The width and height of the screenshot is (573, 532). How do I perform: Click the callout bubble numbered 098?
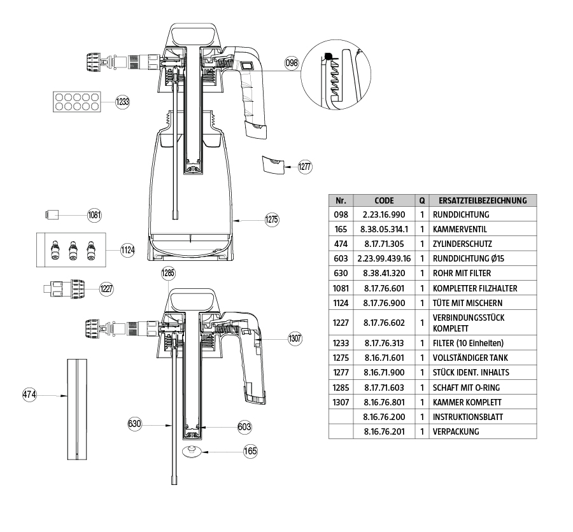(292, 63)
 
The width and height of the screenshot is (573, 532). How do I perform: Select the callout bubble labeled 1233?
(122, 101)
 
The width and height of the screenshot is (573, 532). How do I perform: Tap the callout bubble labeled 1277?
(304, 166)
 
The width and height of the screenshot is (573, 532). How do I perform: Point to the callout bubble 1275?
(272, 220)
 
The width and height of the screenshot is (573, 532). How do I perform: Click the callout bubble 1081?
(94, 215)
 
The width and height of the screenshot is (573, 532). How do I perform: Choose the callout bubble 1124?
(128, 250)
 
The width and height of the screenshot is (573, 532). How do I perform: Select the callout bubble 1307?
(295, 338)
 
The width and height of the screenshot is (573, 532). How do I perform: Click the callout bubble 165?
(251, 451)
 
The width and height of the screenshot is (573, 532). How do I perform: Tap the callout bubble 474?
(29, 395)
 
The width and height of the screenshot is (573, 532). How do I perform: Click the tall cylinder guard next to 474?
(76, 408)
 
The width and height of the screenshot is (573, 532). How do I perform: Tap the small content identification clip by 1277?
(273, 164)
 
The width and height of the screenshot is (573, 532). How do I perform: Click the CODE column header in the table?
(384, 200)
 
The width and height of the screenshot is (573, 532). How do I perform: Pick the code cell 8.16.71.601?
(384, 358)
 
